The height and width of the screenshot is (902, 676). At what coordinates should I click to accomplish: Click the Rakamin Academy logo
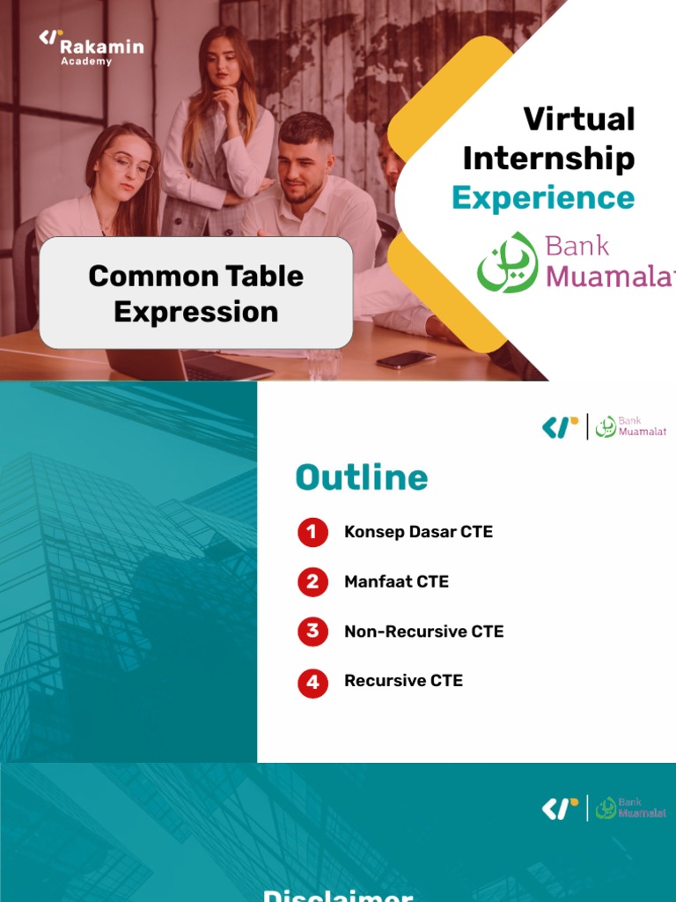tap(91, 48)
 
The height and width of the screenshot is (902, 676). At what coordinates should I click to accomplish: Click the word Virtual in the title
tap(578, 119)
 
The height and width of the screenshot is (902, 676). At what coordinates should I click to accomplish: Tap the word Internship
tap(548, 159)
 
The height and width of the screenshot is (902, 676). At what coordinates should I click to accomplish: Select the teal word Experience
tap(542, 198)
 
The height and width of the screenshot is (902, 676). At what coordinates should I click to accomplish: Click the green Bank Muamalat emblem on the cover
tap(507, 262)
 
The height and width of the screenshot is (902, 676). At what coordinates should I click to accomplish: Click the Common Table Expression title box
tap(195, 292)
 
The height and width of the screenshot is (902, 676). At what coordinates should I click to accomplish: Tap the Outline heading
tap(362, 477)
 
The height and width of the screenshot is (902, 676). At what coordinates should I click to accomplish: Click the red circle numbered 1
tap(312, 532)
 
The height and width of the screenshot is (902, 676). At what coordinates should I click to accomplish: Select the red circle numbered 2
tap(312, 582)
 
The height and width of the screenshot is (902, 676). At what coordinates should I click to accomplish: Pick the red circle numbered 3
tap(312, 632)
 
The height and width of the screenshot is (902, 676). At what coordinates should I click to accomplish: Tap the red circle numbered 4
tap(312, 682)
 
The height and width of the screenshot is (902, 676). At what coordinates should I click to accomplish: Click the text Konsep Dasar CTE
tap(418, 532)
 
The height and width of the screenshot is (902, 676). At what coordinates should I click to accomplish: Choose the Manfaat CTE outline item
tap(396, 582)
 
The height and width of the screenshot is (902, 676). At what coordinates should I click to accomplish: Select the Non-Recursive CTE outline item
tap(423, 632)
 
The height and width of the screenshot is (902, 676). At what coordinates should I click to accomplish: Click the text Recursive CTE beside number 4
tap(403, 681)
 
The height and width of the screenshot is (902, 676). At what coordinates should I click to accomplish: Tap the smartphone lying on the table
tap(406, 359)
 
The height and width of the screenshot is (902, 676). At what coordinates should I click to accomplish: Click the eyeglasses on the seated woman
tap(129, 164)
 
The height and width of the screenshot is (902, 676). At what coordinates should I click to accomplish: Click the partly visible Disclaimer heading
tap(338, 895)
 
